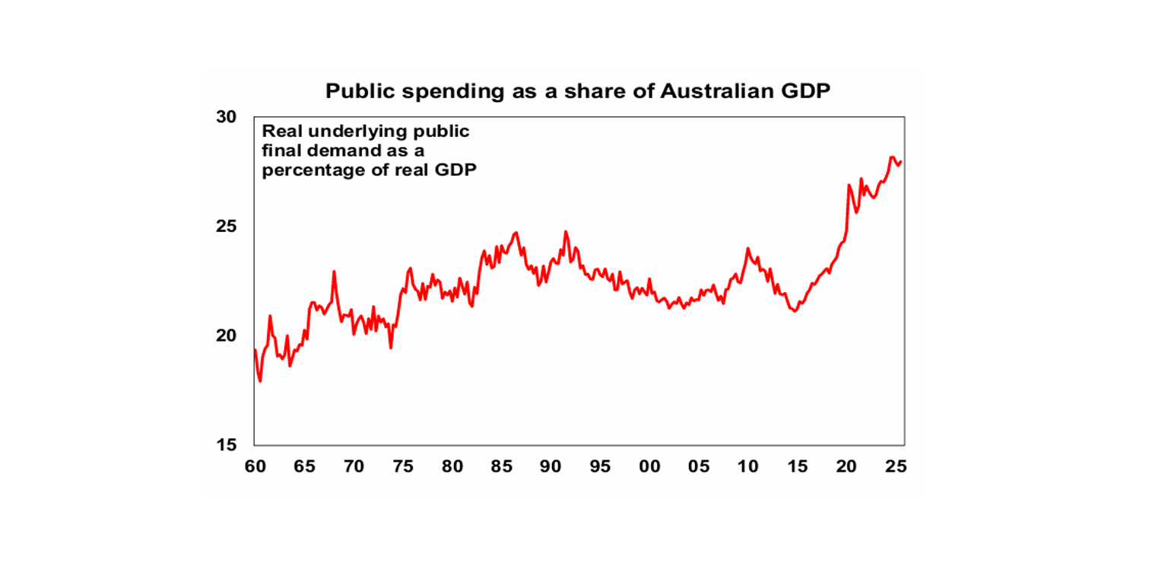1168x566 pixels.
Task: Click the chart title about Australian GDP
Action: coord(578,91)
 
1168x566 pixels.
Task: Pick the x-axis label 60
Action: coord(255,466)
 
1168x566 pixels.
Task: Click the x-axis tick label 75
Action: coord(403,466)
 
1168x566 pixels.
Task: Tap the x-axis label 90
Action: coord(551,466)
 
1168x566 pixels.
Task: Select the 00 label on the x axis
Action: coord(650,466)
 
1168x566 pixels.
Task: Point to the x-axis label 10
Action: coord(749,466)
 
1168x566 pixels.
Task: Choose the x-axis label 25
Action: coord(897,466)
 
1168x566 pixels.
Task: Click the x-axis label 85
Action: coord(502,466)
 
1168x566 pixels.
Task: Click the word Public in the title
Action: coord(360,91)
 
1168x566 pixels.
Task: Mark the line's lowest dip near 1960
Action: coord(261,381)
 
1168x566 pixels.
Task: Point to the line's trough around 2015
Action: coord(795,311)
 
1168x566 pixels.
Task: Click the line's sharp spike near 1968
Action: coord(334,272)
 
